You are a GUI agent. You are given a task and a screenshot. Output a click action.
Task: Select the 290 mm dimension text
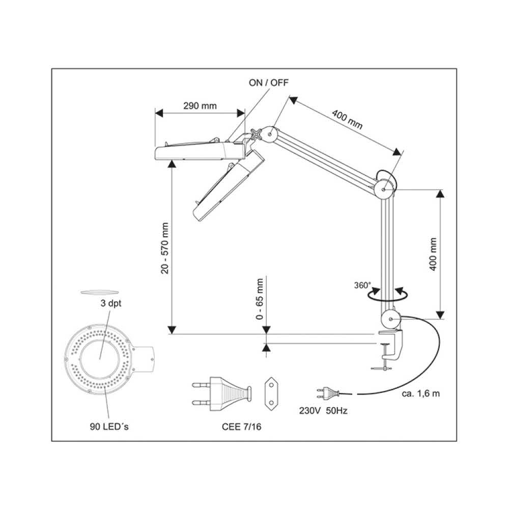click(x=200, y=106)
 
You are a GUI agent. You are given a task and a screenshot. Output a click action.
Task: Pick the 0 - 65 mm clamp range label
click(x=260, y=300)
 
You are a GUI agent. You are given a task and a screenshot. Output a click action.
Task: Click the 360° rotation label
click(x=363, y=285)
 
